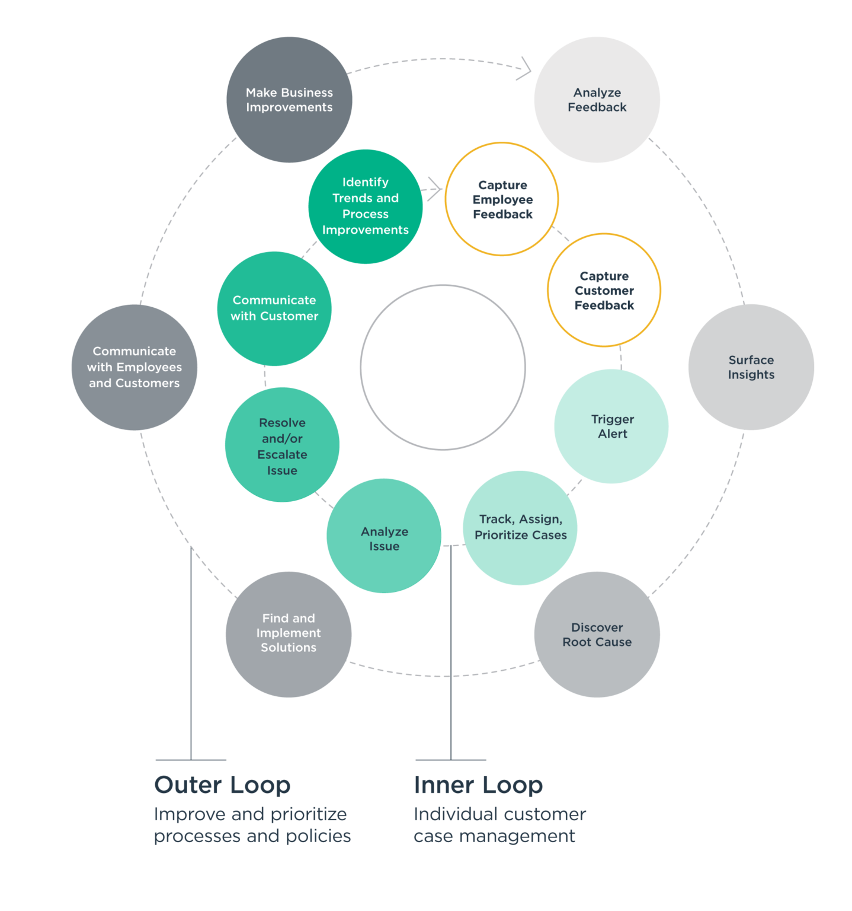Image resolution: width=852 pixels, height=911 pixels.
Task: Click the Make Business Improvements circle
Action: click(289, 100)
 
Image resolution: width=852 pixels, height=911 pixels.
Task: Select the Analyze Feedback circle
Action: click(597, 100)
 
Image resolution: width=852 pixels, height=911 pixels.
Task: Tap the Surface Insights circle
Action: click(751, 367)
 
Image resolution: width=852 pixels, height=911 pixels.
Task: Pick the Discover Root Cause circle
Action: click(597, 635)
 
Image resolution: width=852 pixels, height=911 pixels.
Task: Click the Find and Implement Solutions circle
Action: click(289, 634)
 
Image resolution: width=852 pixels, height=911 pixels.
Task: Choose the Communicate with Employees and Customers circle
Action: click(134, 367)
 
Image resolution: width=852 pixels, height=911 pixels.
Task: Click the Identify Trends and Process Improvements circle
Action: click(366, 206)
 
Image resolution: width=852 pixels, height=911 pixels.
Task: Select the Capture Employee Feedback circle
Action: click(502, 199)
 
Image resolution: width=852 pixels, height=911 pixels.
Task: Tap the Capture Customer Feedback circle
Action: click(604, 290)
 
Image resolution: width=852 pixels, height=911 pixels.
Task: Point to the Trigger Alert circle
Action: click(611, 426)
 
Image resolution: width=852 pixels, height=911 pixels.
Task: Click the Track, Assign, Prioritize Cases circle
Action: click(520, 527)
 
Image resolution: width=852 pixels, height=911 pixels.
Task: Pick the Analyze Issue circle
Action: click(384, 536)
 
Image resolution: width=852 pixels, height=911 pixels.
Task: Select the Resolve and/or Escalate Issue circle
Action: click(282, 445)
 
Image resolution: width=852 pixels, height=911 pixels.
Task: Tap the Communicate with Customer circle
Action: click(274, 308)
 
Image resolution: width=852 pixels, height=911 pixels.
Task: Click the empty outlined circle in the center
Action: click(443, 367)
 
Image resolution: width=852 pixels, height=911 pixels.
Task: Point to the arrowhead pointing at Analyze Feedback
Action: click(525, 68)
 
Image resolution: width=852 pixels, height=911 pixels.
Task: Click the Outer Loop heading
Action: click(222, 785)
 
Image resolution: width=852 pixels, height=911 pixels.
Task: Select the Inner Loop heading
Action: click(478, 785)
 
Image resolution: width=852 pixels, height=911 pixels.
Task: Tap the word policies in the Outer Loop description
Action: click(318, 836)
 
